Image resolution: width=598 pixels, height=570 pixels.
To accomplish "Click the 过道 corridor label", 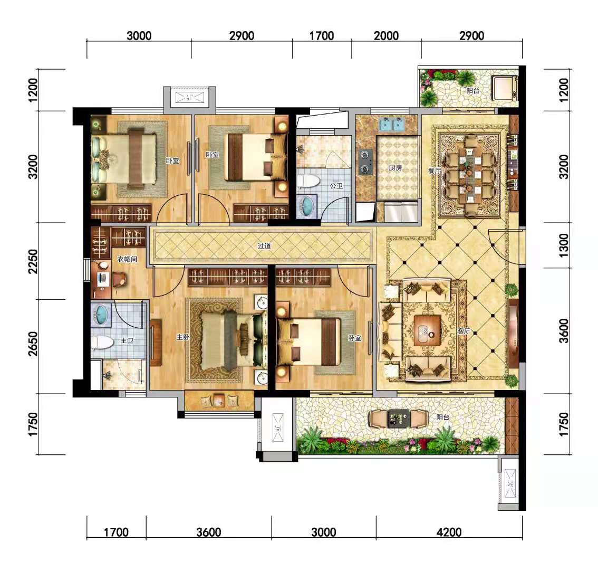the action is click(x=264, y=246).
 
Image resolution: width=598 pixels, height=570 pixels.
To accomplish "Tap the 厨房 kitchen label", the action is click(x=396, y=168).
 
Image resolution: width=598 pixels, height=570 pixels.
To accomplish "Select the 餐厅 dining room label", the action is click(x=435, y=170).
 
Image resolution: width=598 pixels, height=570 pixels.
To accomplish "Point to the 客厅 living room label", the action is click(x=464, y=331).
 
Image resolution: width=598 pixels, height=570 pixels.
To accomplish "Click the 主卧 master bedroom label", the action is click(x=182, y=337).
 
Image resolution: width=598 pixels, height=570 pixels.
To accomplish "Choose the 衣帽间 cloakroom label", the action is click(x=127, y=259).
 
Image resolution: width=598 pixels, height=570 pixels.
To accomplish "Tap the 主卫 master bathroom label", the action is click(x=127, y=340).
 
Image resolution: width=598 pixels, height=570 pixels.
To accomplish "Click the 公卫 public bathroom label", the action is click(x=336, y=186).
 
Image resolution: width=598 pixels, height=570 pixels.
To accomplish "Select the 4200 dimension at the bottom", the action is click(x=449, y=532).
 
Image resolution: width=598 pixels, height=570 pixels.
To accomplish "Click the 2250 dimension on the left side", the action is click(x=34, y=261).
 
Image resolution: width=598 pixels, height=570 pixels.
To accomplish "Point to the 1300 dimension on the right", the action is click(x=563, y=245).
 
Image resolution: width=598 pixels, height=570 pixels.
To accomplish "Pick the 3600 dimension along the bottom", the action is click(x=209, y=532).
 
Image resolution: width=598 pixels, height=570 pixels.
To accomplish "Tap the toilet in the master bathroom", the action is click(x=102, y=343).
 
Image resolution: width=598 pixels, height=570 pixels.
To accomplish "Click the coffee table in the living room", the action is click(x=426, y=330).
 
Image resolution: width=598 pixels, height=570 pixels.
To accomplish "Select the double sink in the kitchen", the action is click(x=392, y=123).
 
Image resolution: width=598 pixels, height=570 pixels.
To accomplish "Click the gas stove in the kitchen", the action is click(x=365, y=162).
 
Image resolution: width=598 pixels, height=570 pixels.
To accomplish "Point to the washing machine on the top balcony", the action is click(x=504, y=88).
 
